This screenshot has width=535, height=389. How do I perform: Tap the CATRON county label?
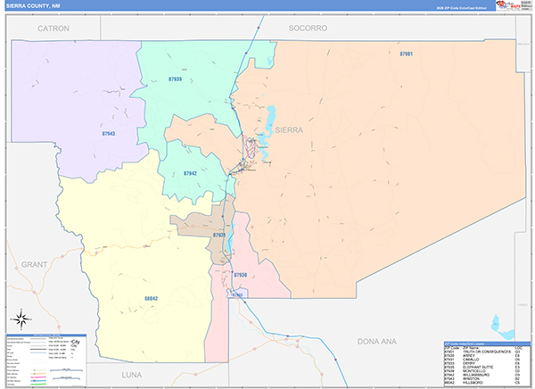click(x=53, y=29)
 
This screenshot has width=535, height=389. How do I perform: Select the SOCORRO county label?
click(x=308, y=29)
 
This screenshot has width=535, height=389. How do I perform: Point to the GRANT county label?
click(x=34, y=265)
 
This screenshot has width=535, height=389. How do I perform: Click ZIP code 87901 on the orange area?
click(x=406, y=54)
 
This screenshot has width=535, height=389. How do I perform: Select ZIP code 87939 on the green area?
click(x=175, y=79)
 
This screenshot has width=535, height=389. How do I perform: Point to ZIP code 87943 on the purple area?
click(x=108, y=133)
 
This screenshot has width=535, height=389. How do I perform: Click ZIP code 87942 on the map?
click(x=190, y=173)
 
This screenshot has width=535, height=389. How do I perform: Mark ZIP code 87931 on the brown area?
click(x=218, y=235)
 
